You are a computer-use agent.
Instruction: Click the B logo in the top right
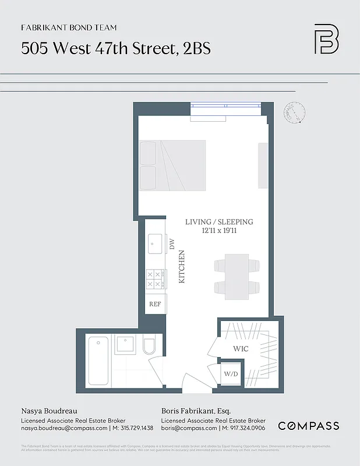(x=326, y=39)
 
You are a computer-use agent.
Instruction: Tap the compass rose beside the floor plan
(x=296, y=113)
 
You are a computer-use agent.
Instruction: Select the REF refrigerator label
(x=155, y=304)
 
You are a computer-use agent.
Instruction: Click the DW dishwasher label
(x=172, y=244)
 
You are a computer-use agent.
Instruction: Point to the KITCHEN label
(x=181, y=267)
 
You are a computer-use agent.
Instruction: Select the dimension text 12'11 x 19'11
(x=219, y=231)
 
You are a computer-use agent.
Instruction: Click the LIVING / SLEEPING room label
(x=219, y=222)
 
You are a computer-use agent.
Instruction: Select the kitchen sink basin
(x=155, y=243)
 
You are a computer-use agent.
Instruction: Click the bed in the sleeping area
(x=172, y=165)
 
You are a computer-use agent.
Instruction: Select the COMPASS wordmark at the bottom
(x=308, y=426)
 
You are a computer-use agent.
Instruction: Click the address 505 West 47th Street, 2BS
(x=115, y=48)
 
